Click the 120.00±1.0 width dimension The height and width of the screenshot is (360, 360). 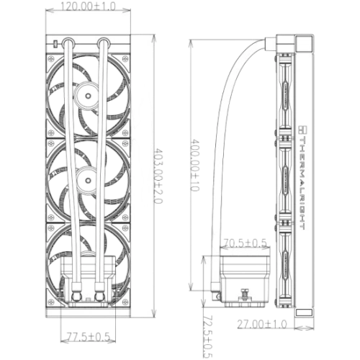tap(88, 6)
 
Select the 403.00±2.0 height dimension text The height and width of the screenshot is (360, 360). tap(158, 176)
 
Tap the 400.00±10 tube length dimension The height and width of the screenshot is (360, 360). tap(194, 166)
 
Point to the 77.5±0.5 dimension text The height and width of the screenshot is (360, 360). tap(88, 336)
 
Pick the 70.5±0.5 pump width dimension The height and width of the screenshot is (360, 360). tap(245, 243)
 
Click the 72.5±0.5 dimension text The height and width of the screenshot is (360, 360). tap(208, 336)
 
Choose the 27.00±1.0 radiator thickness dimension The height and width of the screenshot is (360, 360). tap(262, 324)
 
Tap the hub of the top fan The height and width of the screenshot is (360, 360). tap(88, 96)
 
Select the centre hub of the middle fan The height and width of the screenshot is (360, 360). tap(88, 180)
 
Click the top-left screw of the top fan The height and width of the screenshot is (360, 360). tap(50, 58)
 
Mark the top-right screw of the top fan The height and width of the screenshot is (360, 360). tap(125, 58)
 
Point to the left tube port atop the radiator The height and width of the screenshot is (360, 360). tap(68, 42)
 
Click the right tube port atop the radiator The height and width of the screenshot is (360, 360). tap(104, 42)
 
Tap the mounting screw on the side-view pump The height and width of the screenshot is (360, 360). tap(245, 294)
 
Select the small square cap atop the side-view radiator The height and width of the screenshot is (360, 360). tap(304, 43)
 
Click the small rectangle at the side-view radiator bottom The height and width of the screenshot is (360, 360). tap(304, 312)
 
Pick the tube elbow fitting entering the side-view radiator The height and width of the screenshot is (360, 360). tap(279, 43)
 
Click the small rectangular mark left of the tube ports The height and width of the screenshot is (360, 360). tap(55, 44)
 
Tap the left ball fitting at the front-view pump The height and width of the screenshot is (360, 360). tap(77, 297)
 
